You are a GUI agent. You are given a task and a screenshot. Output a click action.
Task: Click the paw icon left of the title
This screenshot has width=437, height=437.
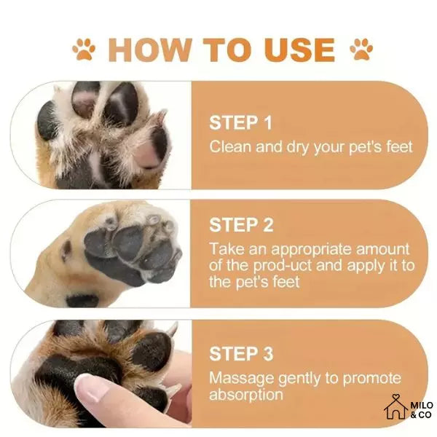[x=84, y=50]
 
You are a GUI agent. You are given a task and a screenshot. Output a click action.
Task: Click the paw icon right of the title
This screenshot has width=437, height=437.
[x=361, y=50]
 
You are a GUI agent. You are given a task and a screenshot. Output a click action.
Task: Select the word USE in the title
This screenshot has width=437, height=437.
[x=299, y=50]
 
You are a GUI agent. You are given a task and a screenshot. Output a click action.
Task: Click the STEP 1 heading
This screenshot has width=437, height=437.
[x=241, y=122]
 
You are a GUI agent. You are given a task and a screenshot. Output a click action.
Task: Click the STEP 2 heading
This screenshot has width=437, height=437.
[x=241, y=224]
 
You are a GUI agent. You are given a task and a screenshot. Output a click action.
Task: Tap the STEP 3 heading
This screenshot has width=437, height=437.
[x=241, y=354]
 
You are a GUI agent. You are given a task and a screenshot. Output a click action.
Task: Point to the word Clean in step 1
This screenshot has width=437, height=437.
[x=229, y=146]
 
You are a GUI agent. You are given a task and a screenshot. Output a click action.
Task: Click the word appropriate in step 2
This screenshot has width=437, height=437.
[x=310, y=249]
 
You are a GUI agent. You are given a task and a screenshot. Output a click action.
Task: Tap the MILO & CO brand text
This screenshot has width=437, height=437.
[x=422, y=410]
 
